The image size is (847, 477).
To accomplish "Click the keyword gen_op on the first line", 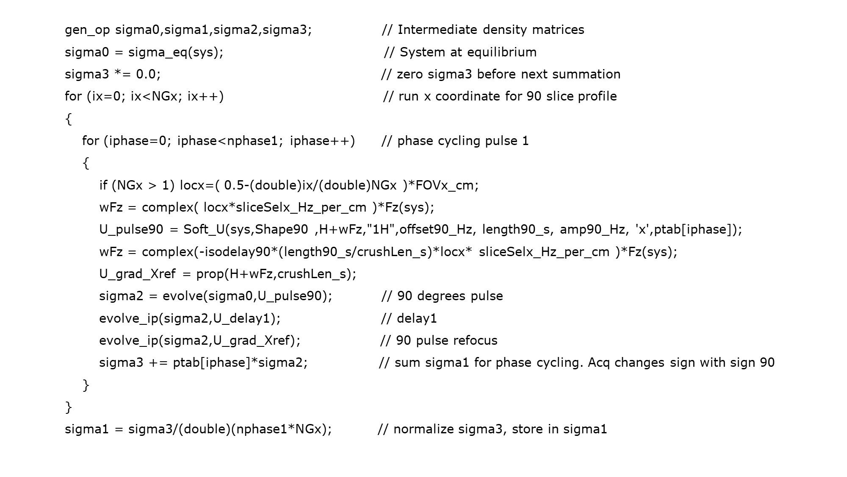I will coord(87,30).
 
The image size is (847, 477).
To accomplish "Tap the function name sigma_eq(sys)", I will coord(175,52).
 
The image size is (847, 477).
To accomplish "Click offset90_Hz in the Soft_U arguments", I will coord(435,229).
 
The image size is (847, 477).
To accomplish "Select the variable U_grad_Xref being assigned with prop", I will coord(137,274).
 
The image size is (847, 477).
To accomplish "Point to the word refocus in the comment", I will coord(476,340).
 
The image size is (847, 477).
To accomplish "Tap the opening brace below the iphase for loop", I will coord(86,163).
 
